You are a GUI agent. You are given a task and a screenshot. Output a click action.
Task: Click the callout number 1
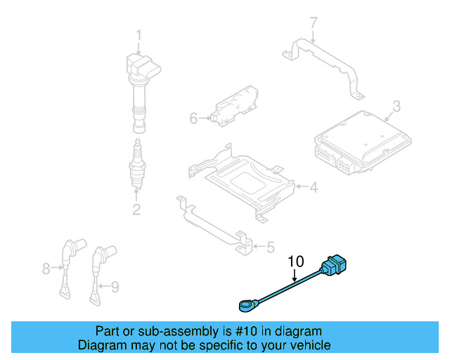pos(139,34)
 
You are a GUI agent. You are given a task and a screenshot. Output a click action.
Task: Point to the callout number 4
pos(314,187)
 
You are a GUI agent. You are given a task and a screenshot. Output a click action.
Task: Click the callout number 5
pos(270,246)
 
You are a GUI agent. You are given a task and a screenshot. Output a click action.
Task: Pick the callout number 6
pos(194,118)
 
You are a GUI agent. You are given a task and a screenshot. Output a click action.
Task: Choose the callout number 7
pos(314,24)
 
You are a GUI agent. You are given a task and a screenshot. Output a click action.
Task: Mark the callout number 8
pos(46,268)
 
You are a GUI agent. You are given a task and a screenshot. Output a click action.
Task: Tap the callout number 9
pos(116,285)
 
